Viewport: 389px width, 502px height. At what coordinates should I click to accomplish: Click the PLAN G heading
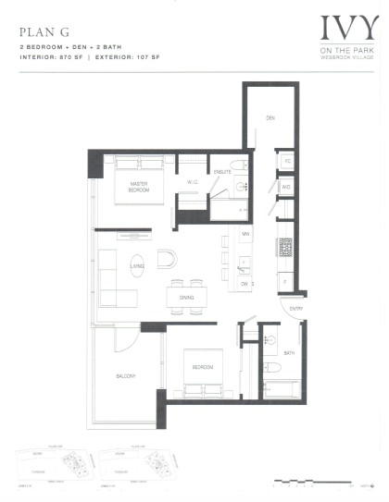(x=40, y=30)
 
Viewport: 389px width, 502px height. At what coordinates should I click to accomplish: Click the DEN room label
(x=270, y=118)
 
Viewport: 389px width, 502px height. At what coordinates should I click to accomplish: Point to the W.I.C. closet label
(x=193, y=182)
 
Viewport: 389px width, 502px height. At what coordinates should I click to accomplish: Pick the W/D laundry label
(x=286, y=188)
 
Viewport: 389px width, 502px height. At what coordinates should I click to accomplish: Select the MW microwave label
(x=245, y=235)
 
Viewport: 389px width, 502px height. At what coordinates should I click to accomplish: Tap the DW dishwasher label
(x=245, y=285)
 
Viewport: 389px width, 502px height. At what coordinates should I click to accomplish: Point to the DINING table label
(x=187, y=297)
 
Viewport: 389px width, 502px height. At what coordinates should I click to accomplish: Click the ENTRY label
(x=296, y=309)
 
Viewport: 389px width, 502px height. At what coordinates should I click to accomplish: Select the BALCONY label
(x=125, y=375)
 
